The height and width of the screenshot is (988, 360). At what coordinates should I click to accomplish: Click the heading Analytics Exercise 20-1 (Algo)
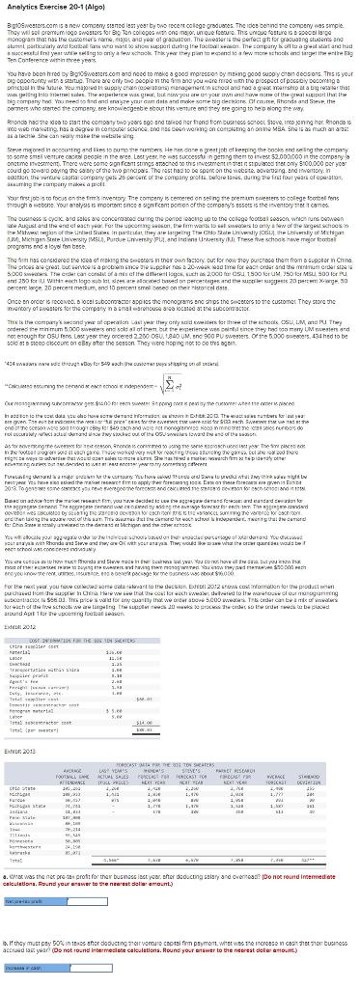click(x=42, y=7)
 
